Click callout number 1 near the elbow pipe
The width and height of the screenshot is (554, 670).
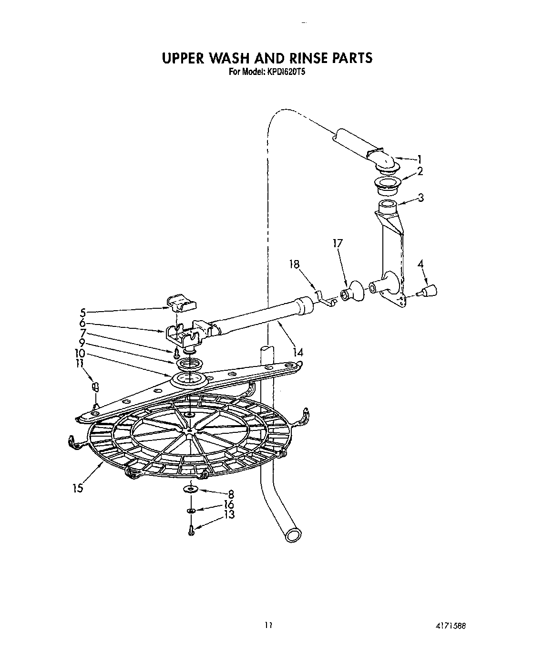pyautogui.click(x=419, y=159)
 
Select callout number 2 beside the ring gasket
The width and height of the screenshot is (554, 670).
pyautogui.click(x=420, y=171)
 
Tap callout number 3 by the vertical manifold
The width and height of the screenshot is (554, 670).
pyautogui.click(x=420, y=197)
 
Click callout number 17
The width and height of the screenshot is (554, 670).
pyautogui.click(x=338, y=243)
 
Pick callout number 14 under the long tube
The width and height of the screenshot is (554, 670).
pyautogui.click(x=298, y=353)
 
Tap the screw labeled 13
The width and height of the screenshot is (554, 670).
pyautogui.click(x=191, y=530)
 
